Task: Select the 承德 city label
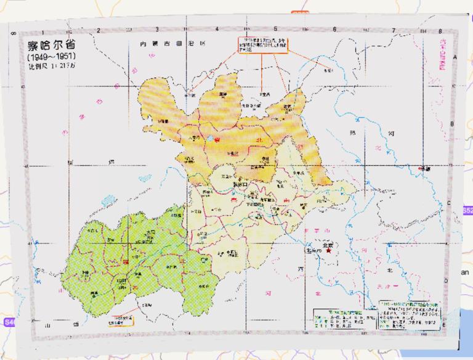click(425, 168)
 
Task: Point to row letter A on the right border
click(455, 57)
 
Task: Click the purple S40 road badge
click(9, 322)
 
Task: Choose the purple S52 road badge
click(467, 210)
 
